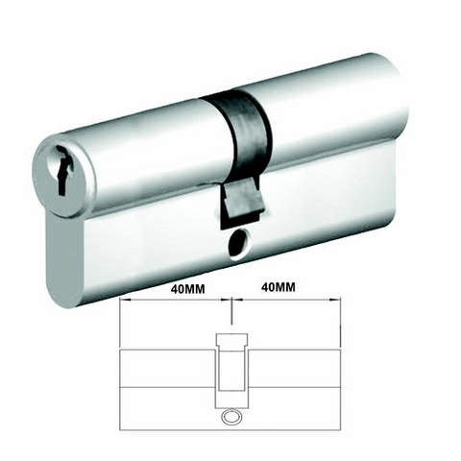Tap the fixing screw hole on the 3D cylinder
point(235,247)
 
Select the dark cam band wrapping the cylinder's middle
point(240,130)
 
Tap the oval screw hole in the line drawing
point(230,419)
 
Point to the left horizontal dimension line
point(173,302)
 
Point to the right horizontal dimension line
point(288,302)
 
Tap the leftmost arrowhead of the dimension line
point(122,302)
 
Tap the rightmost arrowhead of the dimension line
point(339,302)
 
